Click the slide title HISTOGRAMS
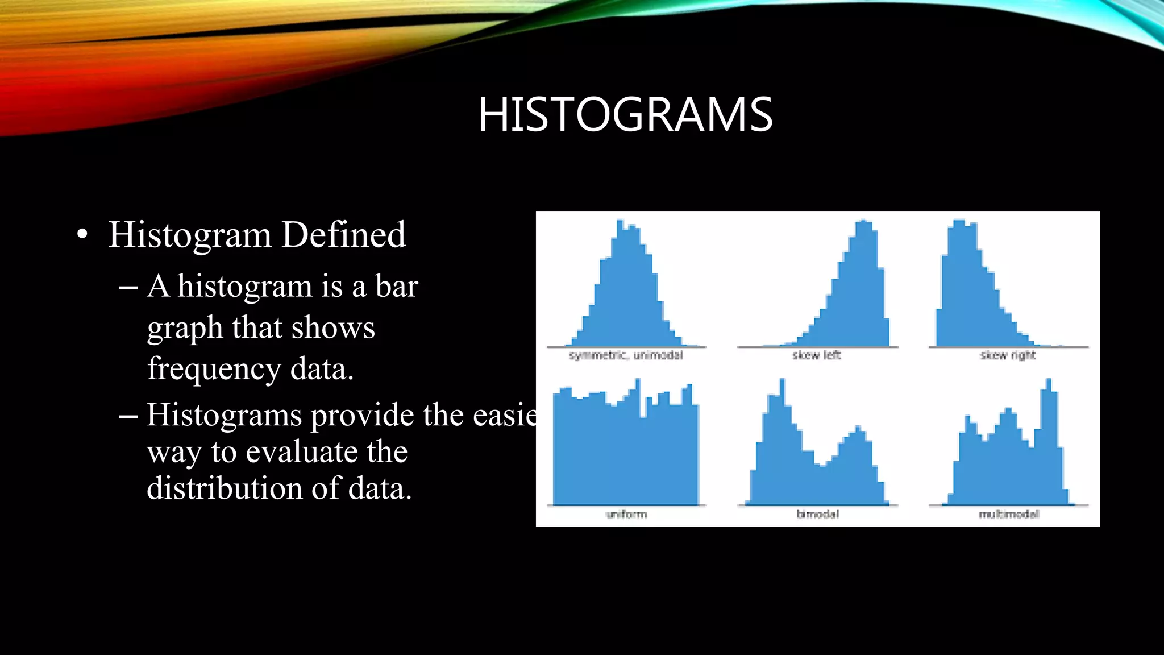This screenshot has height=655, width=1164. pos(625,115)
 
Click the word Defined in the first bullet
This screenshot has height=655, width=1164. pos(343,234)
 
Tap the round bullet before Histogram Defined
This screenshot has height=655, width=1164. pos(82,235)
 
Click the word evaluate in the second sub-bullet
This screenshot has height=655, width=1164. pos(302,452)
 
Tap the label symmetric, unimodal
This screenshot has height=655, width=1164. pos(626,355)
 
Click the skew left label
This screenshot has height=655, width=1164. pos(817,355)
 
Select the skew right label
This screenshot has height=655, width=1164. pos(1008,355)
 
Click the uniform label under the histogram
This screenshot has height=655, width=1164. pos(626,515)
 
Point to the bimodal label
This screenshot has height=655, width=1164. pos(817,515)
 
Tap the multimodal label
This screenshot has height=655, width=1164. pos(1009,515)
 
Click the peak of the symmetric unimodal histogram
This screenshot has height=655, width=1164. pos(620,223)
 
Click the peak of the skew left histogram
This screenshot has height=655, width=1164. pos(864,223)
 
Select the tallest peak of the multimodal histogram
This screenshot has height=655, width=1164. pos(1049,382)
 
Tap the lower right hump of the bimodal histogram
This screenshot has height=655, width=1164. pos(857,430)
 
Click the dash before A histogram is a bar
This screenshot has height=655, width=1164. pos(128,288)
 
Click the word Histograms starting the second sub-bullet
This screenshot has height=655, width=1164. pos(225,415)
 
